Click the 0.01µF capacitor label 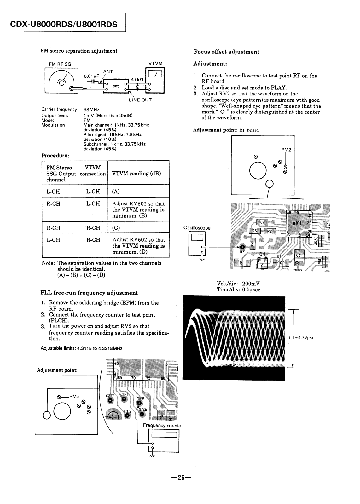91,76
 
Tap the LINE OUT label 140,100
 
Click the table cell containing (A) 138,192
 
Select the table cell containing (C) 138,227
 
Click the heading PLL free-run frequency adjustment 89,293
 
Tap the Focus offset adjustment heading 226,52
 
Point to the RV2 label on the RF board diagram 286,150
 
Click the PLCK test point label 140,398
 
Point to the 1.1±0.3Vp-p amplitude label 300,338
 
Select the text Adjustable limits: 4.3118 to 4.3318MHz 82,348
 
